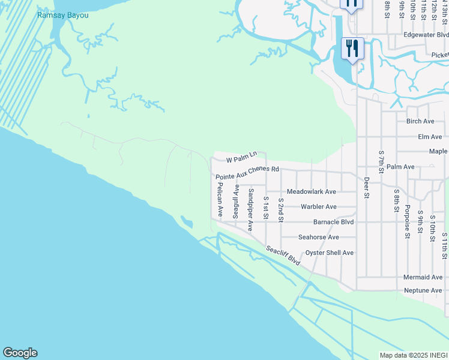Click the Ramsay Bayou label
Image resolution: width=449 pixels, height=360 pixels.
point(62,15)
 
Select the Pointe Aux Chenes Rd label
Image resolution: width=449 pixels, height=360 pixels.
point(248,173)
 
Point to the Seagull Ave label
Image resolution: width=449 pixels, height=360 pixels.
point(236,202)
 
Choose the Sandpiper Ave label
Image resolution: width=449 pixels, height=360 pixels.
point(251,210)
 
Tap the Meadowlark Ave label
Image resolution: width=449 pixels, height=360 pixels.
point(312,191)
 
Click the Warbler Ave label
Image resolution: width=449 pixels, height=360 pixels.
point(319,207)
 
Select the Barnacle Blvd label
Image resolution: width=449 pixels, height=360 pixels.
point(321,222)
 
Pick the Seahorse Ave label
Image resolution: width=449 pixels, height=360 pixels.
point(319,238)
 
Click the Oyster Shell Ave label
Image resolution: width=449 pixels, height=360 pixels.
point(330,253)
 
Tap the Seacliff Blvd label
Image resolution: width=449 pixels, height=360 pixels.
point(283,256)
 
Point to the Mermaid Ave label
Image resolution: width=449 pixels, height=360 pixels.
point(423,277)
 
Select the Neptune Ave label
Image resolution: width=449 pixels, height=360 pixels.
point(423,290)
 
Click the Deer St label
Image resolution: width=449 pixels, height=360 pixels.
point(366,186)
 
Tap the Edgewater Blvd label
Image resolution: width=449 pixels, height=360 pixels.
point(426,35)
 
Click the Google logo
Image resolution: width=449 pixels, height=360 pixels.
point(20,353)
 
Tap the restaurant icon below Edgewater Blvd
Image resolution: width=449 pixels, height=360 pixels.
point(352,47)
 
